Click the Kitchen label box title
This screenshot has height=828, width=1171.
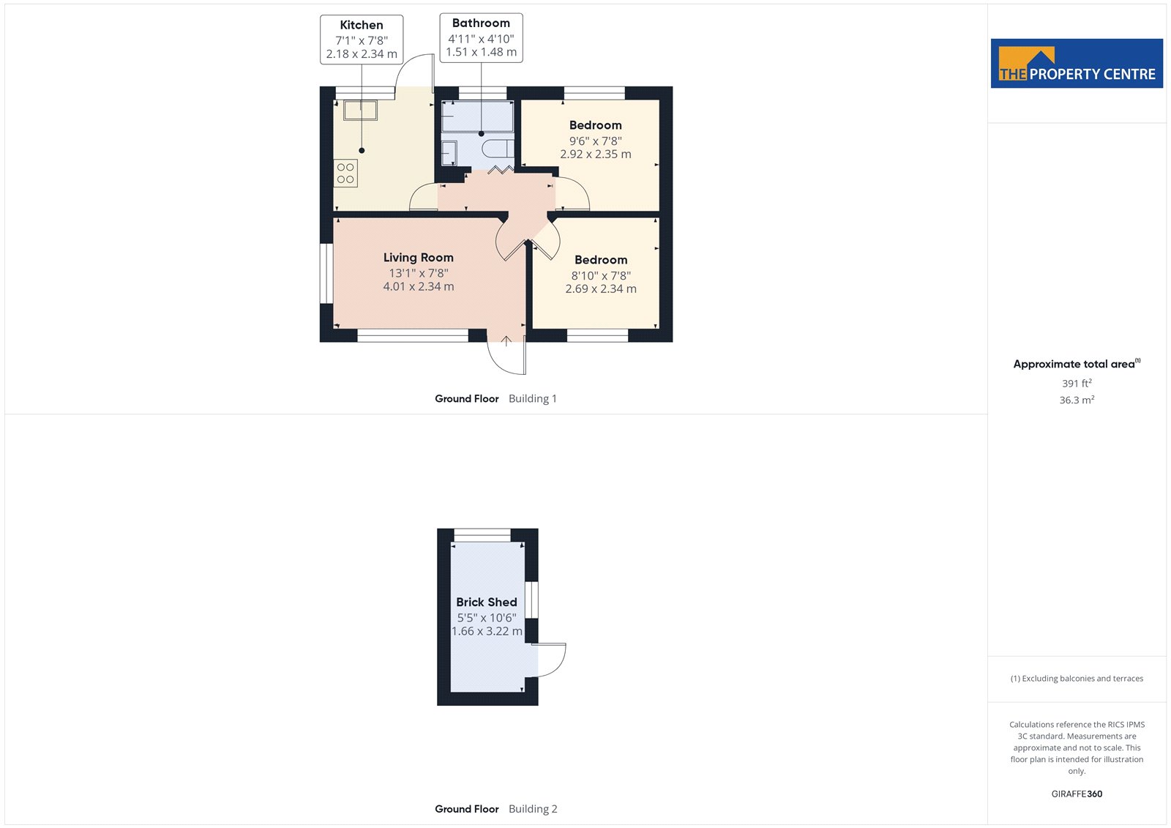pyautogui.click(x=362, y=25)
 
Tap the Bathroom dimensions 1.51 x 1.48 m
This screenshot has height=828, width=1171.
pyautogui.click(x=481, y=52)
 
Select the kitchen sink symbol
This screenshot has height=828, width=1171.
pyautogui.click(x=360, y=111)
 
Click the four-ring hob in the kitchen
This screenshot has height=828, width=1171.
pyautogui.click(x=345, y=173)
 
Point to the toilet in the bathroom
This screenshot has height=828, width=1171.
pyautogui.click(x=497, y=149)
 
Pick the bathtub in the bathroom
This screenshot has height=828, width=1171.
pyautogui.click(x=477, y=116)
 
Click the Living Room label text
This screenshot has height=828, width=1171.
pyautogui.click(x=418, y=258)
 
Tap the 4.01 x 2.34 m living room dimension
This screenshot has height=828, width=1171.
pyautogui.click(x=418, y=287)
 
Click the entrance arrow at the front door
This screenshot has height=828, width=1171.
pyautogui.click(x=506, y=341)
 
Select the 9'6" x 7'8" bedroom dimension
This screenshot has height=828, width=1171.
pyautogui.click(x=596, y=141)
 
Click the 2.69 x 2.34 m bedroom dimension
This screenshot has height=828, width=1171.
pyautogui.click(x=601, y=288)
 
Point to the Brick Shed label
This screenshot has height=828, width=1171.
pyautogui.click(x=486, y=602)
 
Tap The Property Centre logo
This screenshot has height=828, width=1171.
pyautogui.click(x=1077, y=63)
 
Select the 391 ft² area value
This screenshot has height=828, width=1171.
pyautogui.click(x=1077, y=384)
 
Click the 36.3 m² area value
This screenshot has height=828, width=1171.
pyautogui.click(x=1077, y=400)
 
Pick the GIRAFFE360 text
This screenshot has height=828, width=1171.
pyautogui.click(x=1077, y=794)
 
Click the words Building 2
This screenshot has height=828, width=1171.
pyautogui.click(x=533, y=809)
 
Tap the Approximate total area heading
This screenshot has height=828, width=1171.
pyautogui.click(x=1077, y=364)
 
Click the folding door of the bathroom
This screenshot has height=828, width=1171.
pyautogui.click(x=501, y=169)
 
